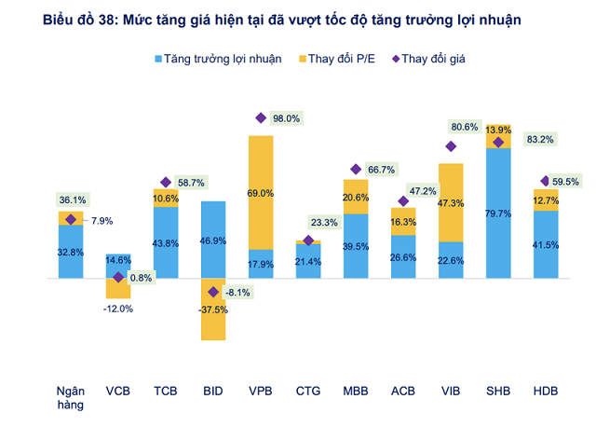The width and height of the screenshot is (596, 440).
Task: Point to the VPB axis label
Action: click(x=261, y=392)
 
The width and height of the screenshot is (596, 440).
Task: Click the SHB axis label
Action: click(x=498, y=392)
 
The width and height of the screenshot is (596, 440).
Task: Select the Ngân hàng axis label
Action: click(x=71, y=398)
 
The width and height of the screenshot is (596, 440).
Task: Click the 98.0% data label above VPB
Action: click(x=286, y=118)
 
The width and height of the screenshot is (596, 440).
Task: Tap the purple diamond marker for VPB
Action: click(x=261, y=117)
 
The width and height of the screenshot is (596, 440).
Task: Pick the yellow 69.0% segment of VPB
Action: click(x=261, y=192)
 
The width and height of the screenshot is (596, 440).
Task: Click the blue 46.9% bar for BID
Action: click(x=213, y=240)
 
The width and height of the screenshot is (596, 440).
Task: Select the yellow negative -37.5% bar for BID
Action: click(x=213, y=309)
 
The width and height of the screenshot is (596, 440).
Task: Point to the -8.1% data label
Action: click(x=238, y=292)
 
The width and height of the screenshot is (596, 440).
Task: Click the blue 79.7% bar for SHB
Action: click(x=498, y=213)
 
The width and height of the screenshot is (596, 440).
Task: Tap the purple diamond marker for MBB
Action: click(x=356, y=170)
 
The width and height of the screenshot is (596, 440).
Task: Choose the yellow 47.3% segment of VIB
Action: click(x=451, y=201)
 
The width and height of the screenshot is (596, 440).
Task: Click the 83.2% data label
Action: click(x=539, y=140)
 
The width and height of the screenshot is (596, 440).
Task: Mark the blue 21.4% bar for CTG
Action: click(x=308, y=261)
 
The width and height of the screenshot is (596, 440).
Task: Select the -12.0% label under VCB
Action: click(x=118, y=309)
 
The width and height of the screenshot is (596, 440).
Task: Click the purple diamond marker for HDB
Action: click(x=546, y=181)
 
